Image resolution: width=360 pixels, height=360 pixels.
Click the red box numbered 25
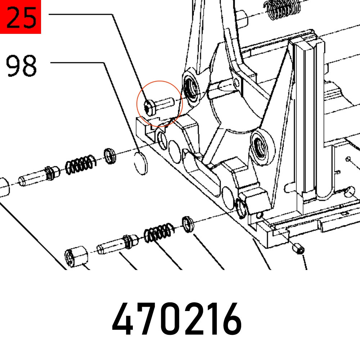pos(21,17)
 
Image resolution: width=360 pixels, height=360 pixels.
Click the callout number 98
pos(22,66)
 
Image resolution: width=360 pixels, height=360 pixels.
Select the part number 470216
pos(176,319)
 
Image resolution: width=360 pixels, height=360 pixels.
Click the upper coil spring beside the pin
pos(80,164)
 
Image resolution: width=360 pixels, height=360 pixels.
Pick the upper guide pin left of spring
pos(37,175)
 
